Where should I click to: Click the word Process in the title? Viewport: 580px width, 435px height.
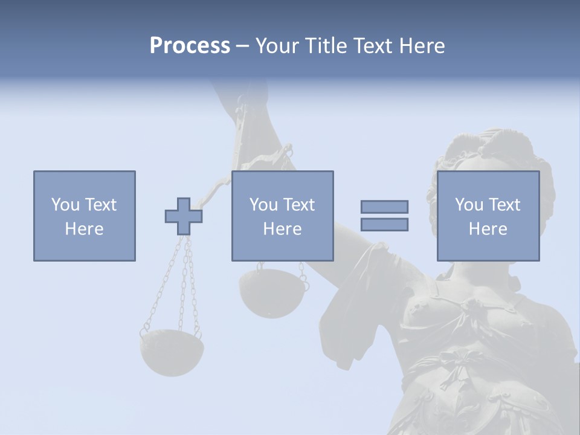click(x=190, y=46)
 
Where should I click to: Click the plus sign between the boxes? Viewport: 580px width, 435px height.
click(x=184, y=216)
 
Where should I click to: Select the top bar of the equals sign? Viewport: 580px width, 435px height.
click(x=384, y=207)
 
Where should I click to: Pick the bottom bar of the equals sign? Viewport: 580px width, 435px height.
click(x=384, y=224)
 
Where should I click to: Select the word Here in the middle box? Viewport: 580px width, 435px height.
click(x=282, y=229)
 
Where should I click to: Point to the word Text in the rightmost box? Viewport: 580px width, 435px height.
click(x=504, y=205)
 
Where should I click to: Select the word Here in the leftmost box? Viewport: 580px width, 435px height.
click(x=85, y=229)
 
